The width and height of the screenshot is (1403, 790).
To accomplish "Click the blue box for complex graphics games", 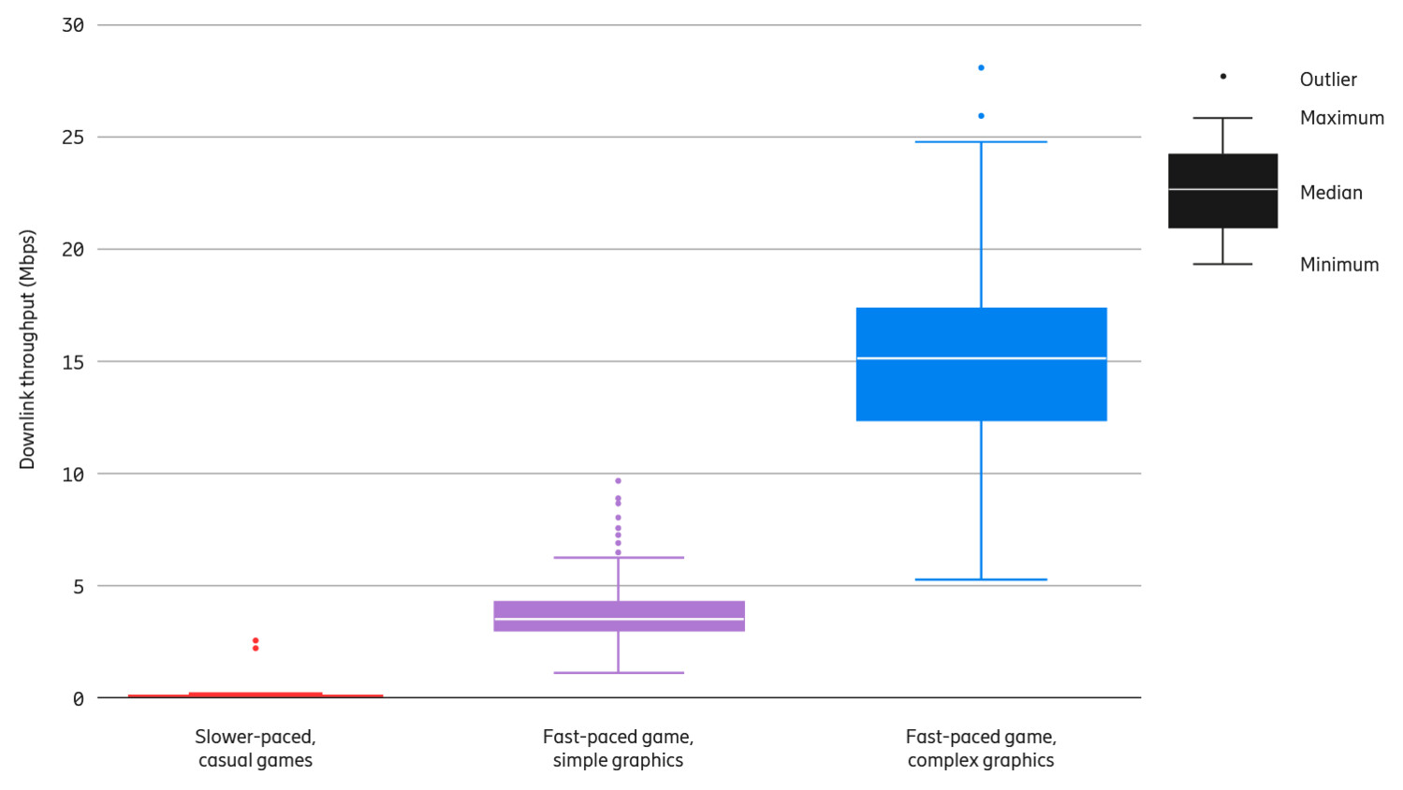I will click(981, 364).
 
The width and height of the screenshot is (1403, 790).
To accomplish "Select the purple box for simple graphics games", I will click(619, 616).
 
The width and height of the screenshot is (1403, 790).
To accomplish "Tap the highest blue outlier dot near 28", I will click(981, 67).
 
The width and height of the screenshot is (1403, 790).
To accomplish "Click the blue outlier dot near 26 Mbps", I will click(981, 116).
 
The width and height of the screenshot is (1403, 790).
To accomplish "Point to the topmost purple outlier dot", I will click(618, 481).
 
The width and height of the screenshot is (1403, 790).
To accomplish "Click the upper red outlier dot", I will click(256, 640).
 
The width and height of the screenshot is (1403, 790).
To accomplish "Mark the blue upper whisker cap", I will click(981, 141).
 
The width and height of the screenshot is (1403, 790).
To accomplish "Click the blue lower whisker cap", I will click(981, 579).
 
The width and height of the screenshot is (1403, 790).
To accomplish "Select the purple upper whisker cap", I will click(619, 558).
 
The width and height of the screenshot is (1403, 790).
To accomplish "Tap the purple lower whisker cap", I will click(619, 672).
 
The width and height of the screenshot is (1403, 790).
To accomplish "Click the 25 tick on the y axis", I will click(73, 138).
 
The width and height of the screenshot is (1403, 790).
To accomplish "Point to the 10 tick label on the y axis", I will click(73, 475).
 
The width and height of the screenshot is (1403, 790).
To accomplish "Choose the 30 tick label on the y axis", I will click(73, 25).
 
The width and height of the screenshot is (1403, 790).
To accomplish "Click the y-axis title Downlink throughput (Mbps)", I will click(27, 349).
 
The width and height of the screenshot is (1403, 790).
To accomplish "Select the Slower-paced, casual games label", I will click(256, 749).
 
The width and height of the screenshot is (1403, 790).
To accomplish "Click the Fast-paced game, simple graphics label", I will click(618, 749).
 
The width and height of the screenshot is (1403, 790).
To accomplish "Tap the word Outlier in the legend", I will click(1328, 80).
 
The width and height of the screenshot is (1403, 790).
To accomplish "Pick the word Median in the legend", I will click(1331, 193).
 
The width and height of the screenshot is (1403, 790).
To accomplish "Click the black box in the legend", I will click(1222, 191).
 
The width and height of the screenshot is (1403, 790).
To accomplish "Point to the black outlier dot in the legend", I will click(1223, 77).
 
